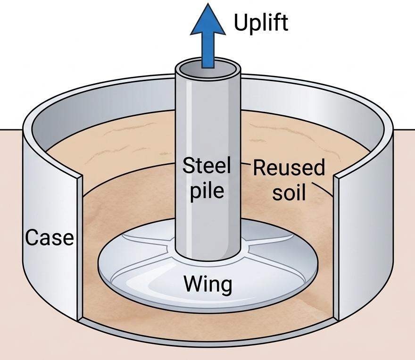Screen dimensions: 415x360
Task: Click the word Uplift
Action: tap(261, 23)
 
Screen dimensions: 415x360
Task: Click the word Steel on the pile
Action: tap(207, 166)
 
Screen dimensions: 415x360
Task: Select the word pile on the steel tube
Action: tap(207, 190)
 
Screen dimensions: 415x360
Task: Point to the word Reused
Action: tap(289, 167)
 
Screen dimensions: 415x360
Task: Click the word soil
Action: tap(289, 192)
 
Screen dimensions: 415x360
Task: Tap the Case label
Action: tap(50, 237)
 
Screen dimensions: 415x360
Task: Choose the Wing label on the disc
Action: tap(208, 284)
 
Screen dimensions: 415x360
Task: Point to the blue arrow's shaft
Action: tap(208, 50)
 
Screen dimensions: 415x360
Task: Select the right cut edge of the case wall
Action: tap(336, 248)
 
